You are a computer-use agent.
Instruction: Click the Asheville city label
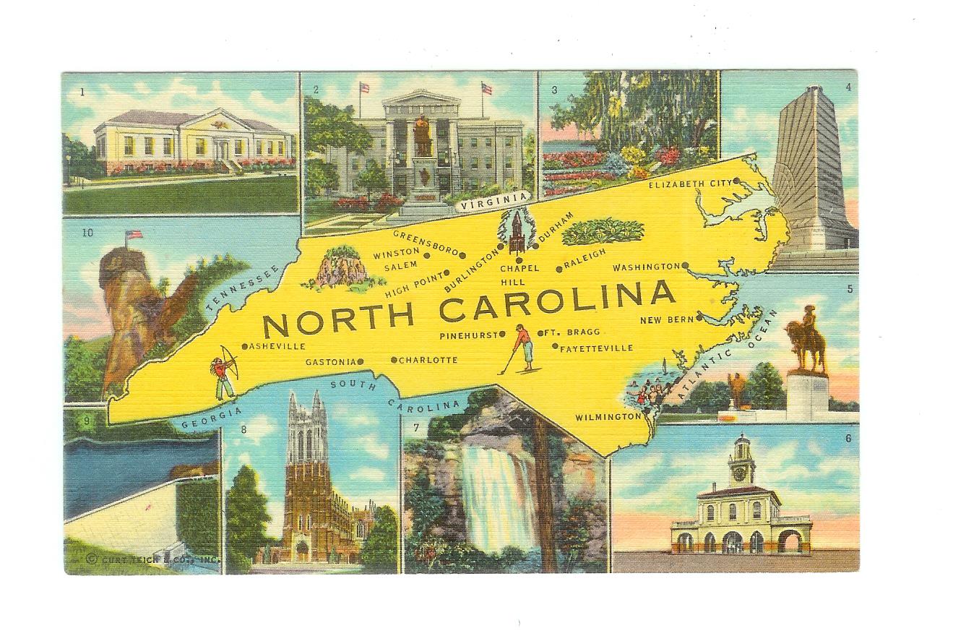[x=277, y=347]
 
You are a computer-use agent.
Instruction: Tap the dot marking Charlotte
[x=394, y=360]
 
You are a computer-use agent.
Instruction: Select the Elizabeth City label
[x=689, y=184]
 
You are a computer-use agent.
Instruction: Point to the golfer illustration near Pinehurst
[x=524, y=348]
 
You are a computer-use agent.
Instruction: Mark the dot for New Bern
[x=699, y=319]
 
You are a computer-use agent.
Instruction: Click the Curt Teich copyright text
[x=152, y=559]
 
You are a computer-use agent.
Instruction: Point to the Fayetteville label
[x=596, y=348]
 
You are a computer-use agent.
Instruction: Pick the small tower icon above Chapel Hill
[x=517, y=233]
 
